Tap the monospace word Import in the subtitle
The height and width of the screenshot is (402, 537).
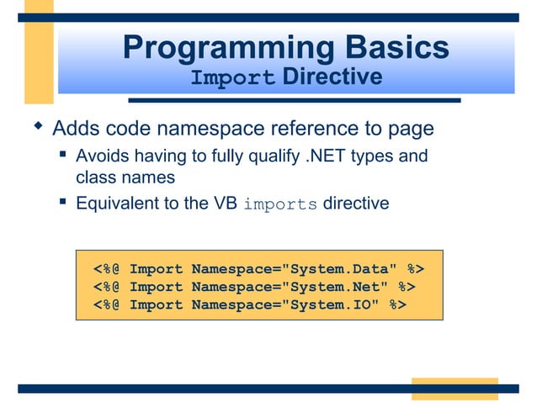coord(233,79)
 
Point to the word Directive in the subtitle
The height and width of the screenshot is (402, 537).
coord(332,78)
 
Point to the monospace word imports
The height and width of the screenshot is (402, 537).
coord(280,204)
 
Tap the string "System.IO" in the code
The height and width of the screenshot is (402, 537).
coord(336,304)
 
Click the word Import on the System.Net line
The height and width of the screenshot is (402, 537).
coord(156,287)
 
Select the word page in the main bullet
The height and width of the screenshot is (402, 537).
coord(412,130)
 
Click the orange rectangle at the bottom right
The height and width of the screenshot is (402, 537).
coord(455,389)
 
